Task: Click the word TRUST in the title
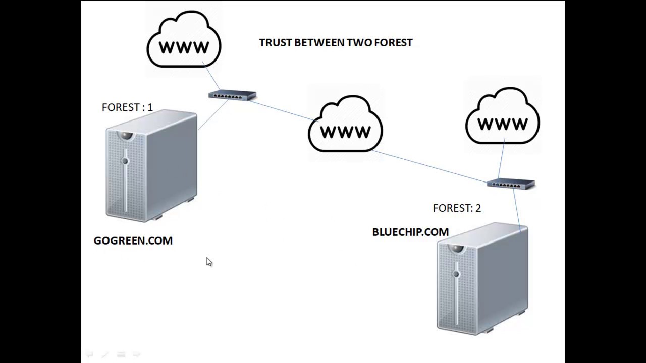(276, 43)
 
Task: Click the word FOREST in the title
(393, 43)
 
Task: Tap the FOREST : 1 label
(127, 107)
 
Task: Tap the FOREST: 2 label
(457, 208)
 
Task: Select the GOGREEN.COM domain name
(133, 240)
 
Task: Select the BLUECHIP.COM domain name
(410, 232)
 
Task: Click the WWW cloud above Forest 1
(184, 39)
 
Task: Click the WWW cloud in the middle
(345, 124)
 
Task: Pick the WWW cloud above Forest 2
(503, 115)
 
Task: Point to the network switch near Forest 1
(233, 95)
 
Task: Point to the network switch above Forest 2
(511, 184)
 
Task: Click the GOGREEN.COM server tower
(152, 166)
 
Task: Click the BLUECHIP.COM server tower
(482, 279)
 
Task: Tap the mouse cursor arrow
(209, 262)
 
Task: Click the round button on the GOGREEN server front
(125, 161)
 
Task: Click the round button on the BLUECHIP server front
(456, 274)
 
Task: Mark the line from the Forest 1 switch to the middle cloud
(284, 111)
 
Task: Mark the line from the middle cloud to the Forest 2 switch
(429, 166)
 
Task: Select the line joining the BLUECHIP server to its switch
(517, 210)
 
